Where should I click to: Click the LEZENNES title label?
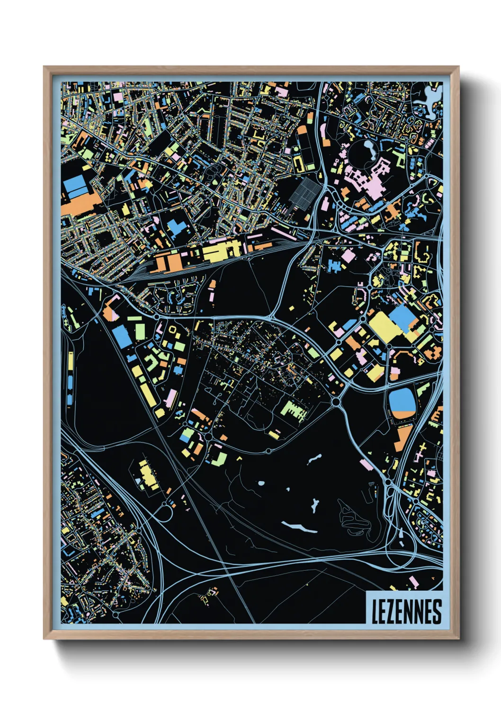(x=405, y=611)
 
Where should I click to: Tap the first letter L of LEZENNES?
(x=375, y=612)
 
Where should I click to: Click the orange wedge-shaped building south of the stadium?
(x=403, y=438)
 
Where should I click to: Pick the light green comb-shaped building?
(x=294, y=410)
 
